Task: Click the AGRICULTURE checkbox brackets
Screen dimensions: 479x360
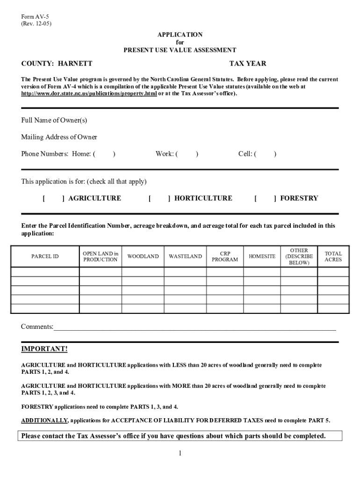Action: click(x=53, y=198)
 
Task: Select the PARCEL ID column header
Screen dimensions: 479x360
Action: click(x=45, y=256)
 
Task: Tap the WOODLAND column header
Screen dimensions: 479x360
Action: click(x=143, y=256)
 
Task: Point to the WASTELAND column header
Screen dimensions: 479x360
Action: click(x=185, y=256)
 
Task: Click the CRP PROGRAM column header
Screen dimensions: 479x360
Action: click(x=225, y=256)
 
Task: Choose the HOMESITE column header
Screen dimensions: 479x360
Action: click(x=262, y=256)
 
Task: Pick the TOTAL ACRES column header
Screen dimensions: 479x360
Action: click(x=333, y=256)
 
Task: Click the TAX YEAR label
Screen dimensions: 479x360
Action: click(x=248, y=64)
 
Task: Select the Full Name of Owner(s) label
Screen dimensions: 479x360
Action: click(x=54, y=120)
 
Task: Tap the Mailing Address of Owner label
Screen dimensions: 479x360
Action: click(x=59, y=137)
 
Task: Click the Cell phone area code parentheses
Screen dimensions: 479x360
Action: click(x=265, y=154)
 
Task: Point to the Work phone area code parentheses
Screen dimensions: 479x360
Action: click(x=187, y=154)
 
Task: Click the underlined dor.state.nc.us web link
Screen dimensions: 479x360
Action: click(x=89, y=94)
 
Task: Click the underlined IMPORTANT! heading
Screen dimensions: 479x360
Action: click(x=44, y=349)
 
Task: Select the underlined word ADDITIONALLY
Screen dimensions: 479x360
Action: click(x=45, y=420)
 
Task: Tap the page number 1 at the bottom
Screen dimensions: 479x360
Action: click(x=180, y=453)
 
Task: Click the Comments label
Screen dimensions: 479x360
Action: click(x=37, y=327)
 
